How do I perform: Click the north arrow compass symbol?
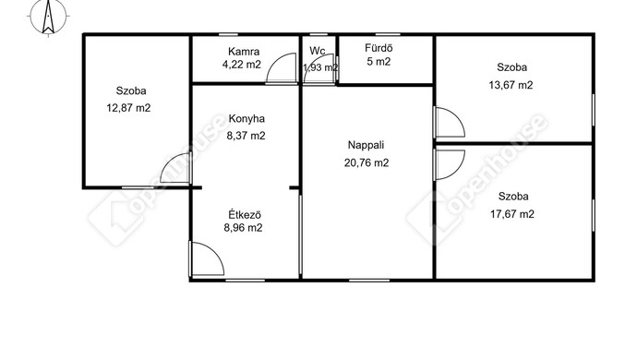(x=48, y=17)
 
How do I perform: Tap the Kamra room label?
(x=244, y=52)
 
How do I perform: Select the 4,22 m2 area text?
(x=242, y=65)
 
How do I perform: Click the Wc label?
(x=318, y=51)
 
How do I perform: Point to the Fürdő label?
(x=379, y=48)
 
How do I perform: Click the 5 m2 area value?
(x=379, y=62)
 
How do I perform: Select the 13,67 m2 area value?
(x=511, y=85)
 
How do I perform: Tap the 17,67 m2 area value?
(x=512, y=214)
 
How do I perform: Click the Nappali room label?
(x=366, y=145)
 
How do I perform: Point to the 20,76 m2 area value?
(x=367, y=163)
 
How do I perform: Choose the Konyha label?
(x=246, y=119)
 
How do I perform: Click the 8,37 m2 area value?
(x=246, y=136)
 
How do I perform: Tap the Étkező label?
(x=245, y=214)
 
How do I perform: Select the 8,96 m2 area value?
(x=243, y=228)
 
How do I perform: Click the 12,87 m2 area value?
(x=128, y=108)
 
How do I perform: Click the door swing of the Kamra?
(x=282, y=68)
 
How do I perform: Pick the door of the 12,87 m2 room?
(x=175, y=168)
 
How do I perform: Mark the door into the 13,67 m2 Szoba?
(x=449, y=122)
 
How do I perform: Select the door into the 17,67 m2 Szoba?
(x=449, y=165)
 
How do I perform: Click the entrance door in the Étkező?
(x=207, y=258)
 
